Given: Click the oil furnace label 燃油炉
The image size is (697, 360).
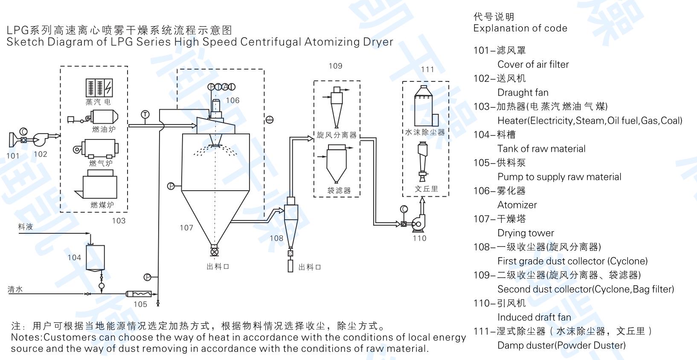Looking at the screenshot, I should [x=103, y=129].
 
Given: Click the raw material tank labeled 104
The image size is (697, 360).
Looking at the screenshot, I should [x=95, y=257].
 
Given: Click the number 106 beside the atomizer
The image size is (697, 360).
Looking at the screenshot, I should [x=232, y=101].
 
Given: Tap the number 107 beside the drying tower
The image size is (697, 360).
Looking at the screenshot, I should [x=186, y=228].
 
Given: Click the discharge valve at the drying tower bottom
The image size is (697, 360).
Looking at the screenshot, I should [x=215, y=252].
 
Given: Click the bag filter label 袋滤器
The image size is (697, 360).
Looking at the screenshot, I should [x=339, y=191].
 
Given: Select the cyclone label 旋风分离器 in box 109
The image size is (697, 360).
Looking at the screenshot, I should [x=337, y=135].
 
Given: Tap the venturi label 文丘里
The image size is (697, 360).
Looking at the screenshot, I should [x=426, y=189].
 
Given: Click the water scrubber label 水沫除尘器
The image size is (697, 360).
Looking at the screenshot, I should [x=425, y=133].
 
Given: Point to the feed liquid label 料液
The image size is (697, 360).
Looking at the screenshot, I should [x=26, y=227].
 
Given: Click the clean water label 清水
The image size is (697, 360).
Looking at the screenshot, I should [x=15, y=289].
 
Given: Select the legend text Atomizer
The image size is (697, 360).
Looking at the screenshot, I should [x=517, y=205].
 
